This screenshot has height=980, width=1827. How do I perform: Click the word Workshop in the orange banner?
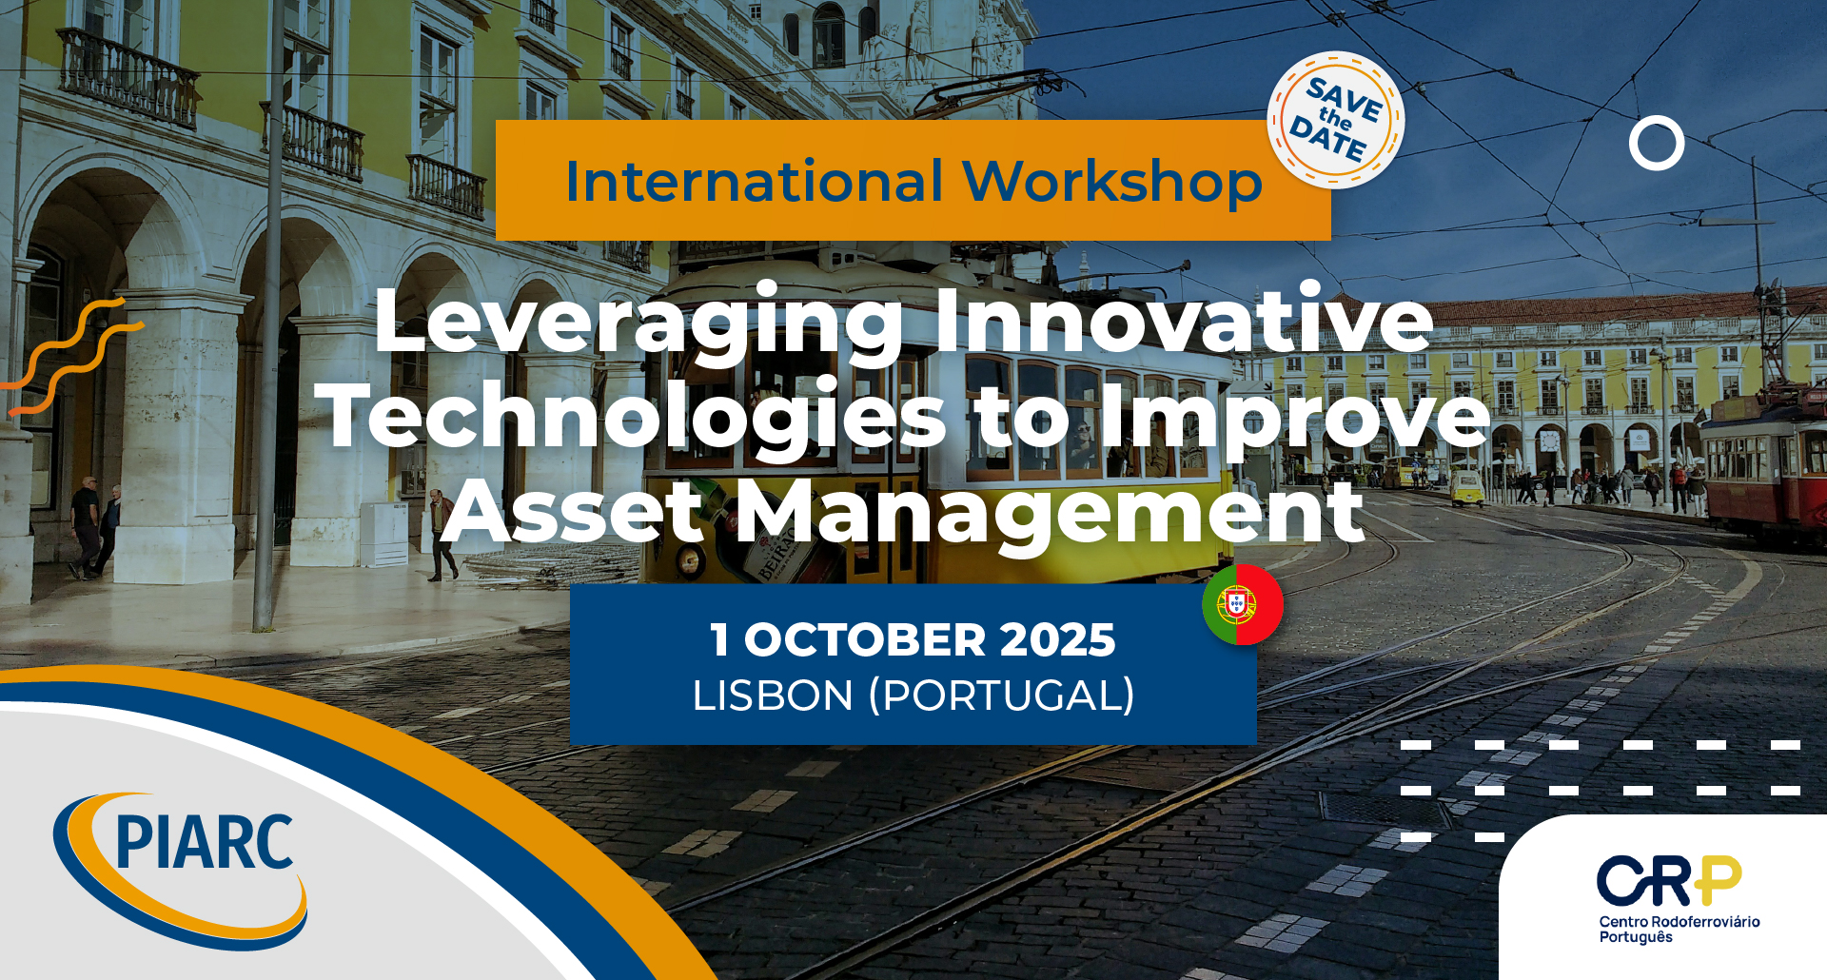coord(1112,183)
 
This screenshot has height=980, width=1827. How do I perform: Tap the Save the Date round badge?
coord(1336,120)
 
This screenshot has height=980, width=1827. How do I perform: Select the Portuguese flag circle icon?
coord(1243,604)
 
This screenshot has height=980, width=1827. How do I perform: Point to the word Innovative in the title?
coord(1184,319)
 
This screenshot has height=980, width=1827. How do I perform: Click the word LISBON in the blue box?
coord(773,696)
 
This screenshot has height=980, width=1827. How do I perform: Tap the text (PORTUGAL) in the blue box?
coord(1002,696)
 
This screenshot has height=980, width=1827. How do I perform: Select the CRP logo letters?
coord(1669,880)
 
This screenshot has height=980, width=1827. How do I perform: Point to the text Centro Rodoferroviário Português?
coord(1680,929)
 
